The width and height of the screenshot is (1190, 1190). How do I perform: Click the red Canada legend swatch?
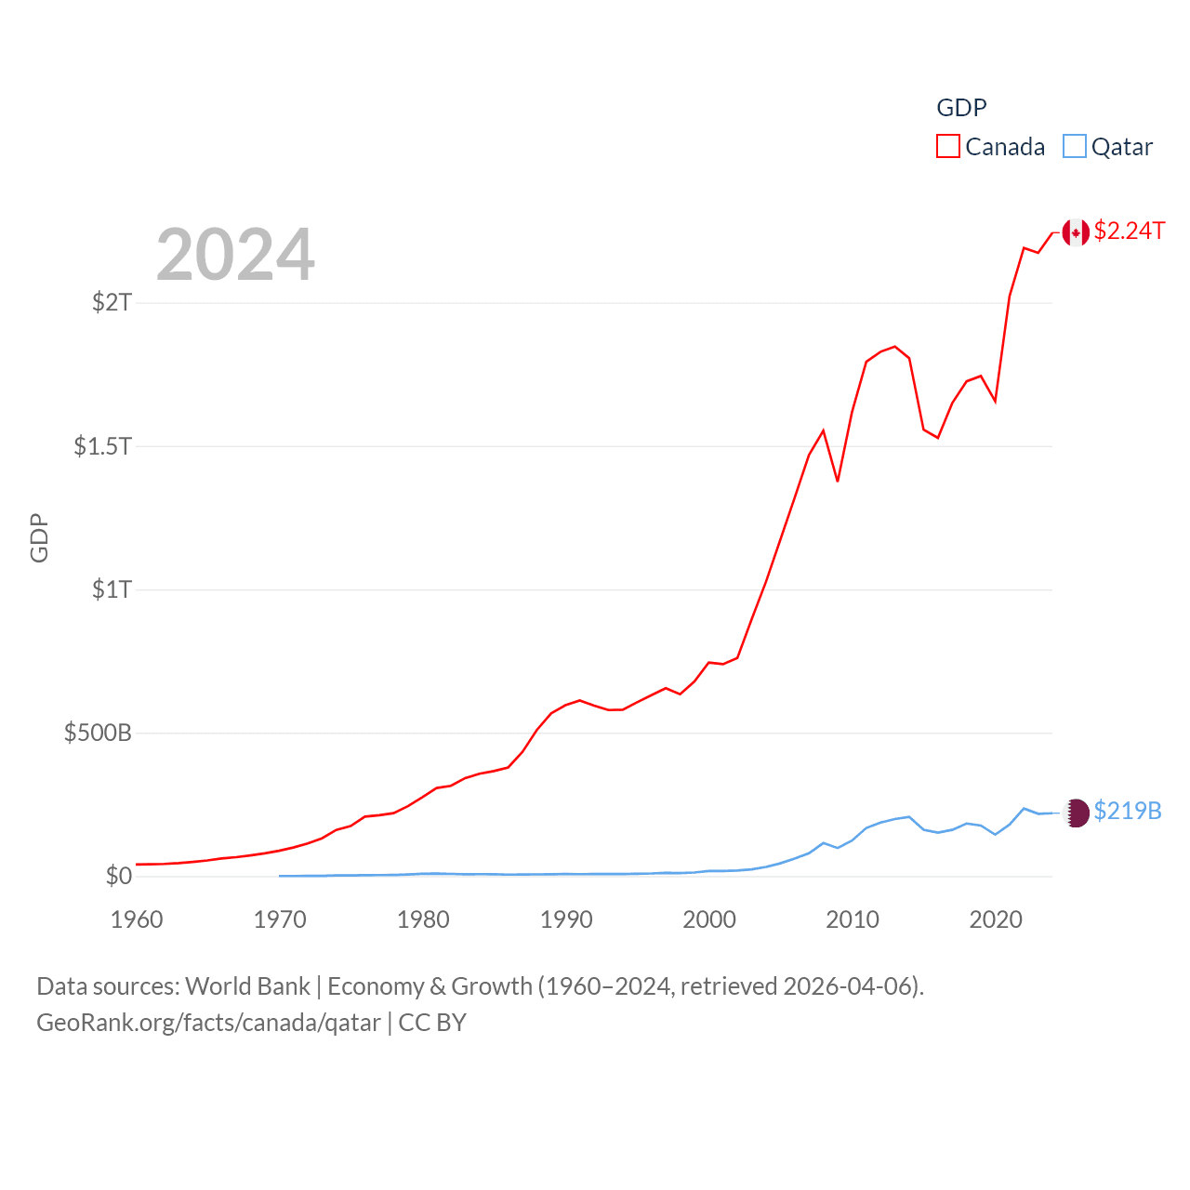(x=947, y=146)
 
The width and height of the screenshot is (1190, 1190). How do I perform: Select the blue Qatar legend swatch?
(x=1075, y=146)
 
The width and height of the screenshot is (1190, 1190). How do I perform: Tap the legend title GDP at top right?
(x=961, y=108)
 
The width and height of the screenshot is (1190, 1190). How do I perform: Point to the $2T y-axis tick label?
(x=112, y=302)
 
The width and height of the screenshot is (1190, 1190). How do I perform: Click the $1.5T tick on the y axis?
(x=103, y=446)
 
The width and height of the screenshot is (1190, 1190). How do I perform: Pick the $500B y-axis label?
(x=98, y=733)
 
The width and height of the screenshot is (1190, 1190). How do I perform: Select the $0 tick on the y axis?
(x=119, y=876)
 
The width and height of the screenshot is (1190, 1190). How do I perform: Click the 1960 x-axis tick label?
(x=137, y=919)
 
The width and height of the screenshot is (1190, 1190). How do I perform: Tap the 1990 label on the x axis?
(x=566, y=919)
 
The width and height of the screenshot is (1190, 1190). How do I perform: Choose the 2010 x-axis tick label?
(x=853, y=919)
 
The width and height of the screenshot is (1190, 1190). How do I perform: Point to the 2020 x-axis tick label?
(x=996, y=919)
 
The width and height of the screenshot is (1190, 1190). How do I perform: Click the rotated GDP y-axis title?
(x=39, y=537)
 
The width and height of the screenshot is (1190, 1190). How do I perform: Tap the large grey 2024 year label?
(x=235, y=255)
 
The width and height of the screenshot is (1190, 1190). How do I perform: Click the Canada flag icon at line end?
(x=1076, y=232)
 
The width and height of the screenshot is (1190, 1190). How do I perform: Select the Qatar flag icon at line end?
(x=1076, y=813)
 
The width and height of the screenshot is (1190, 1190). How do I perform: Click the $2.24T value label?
(x=1129, y=231)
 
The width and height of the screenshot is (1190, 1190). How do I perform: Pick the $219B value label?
(x=1128, y=811)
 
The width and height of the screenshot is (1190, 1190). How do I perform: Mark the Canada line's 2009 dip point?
(x=838, y=481)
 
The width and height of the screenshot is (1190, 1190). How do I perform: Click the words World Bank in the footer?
(x=247, y=985)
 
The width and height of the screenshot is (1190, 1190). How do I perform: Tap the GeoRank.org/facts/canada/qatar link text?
(x=209, y=1023)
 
